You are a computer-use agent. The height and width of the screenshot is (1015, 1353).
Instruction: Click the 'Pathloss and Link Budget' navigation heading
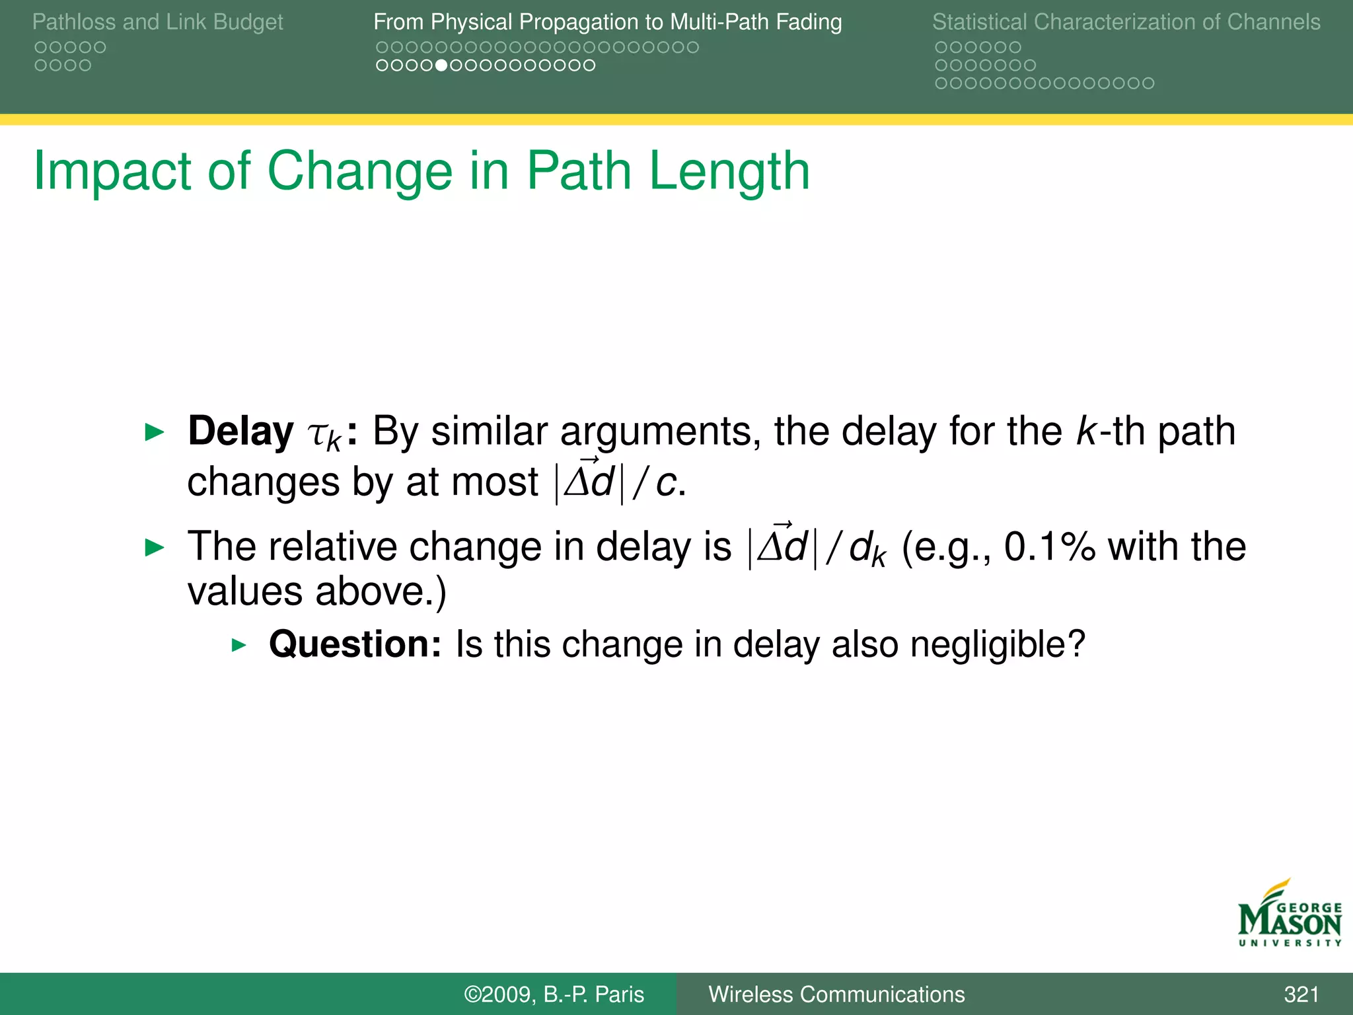tap(157, 22)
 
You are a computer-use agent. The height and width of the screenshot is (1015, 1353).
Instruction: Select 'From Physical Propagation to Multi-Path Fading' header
tap(607, 22)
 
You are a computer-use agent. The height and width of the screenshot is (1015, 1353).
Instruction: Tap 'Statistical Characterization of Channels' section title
tap(1126, 22)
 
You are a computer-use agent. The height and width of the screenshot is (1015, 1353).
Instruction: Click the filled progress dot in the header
tap(442, 65)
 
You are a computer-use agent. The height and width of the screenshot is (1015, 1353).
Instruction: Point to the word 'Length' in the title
tap(729, 171)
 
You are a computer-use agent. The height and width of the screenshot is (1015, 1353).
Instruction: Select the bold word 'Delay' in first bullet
tap(240, 432)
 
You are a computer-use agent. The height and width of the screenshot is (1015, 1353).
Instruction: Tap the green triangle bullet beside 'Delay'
tap(155, 433)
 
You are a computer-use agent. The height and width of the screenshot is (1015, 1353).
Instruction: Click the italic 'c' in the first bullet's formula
tap(666, 482)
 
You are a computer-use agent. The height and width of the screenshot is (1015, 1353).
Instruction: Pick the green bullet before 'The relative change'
tap(155, 547)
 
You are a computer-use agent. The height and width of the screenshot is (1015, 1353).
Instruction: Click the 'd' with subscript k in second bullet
tap(867, 548)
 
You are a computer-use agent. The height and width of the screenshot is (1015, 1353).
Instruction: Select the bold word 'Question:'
tap(355, 644)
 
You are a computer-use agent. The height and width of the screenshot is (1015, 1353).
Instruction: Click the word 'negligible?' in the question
tap(998, 644)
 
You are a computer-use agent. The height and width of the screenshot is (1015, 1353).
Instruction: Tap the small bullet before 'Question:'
tap(239, 645)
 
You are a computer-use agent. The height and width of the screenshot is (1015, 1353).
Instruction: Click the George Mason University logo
tap(1290, 915)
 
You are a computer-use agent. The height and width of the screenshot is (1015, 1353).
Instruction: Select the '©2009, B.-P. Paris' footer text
tap(554, 994)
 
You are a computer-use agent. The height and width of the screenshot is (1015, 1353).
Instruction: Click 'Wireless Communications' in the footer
tap(836, 994)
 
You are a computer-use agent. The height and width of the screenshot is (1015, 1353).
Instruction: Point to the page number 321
tap(1301, 994)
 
